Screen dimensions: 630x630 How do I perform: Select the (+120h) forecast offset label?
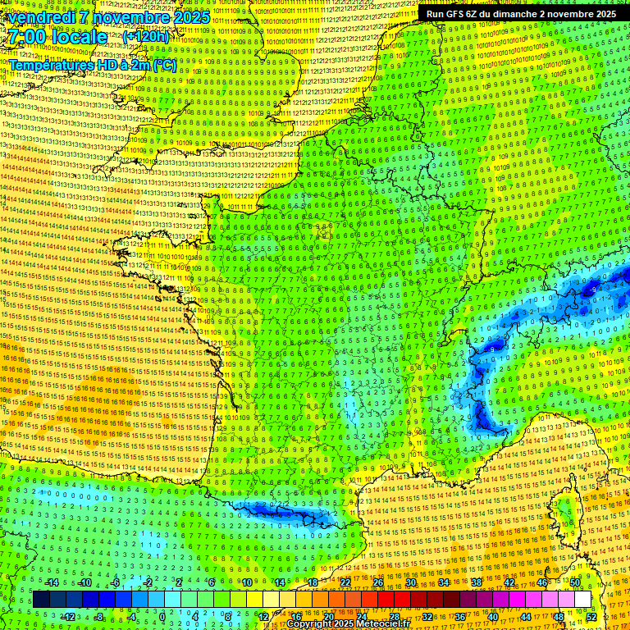[146, 37]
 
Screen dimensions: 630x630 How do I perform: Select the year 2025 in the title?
[188, 17]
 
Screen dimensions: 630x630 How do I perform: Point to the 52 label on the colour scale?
[591, 616]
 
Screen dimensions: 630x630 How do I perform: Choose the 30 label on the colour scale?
[411, 582]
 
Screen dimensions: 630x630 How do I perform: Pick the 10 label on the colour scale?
[246, 582]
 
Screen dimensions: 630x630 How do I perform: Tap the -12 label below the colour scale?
[68, 616]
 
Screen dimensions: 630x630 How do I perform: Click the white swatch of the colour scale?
[582, 600]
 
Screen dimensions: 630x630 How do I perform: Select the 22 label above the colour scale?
[345, 582]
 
